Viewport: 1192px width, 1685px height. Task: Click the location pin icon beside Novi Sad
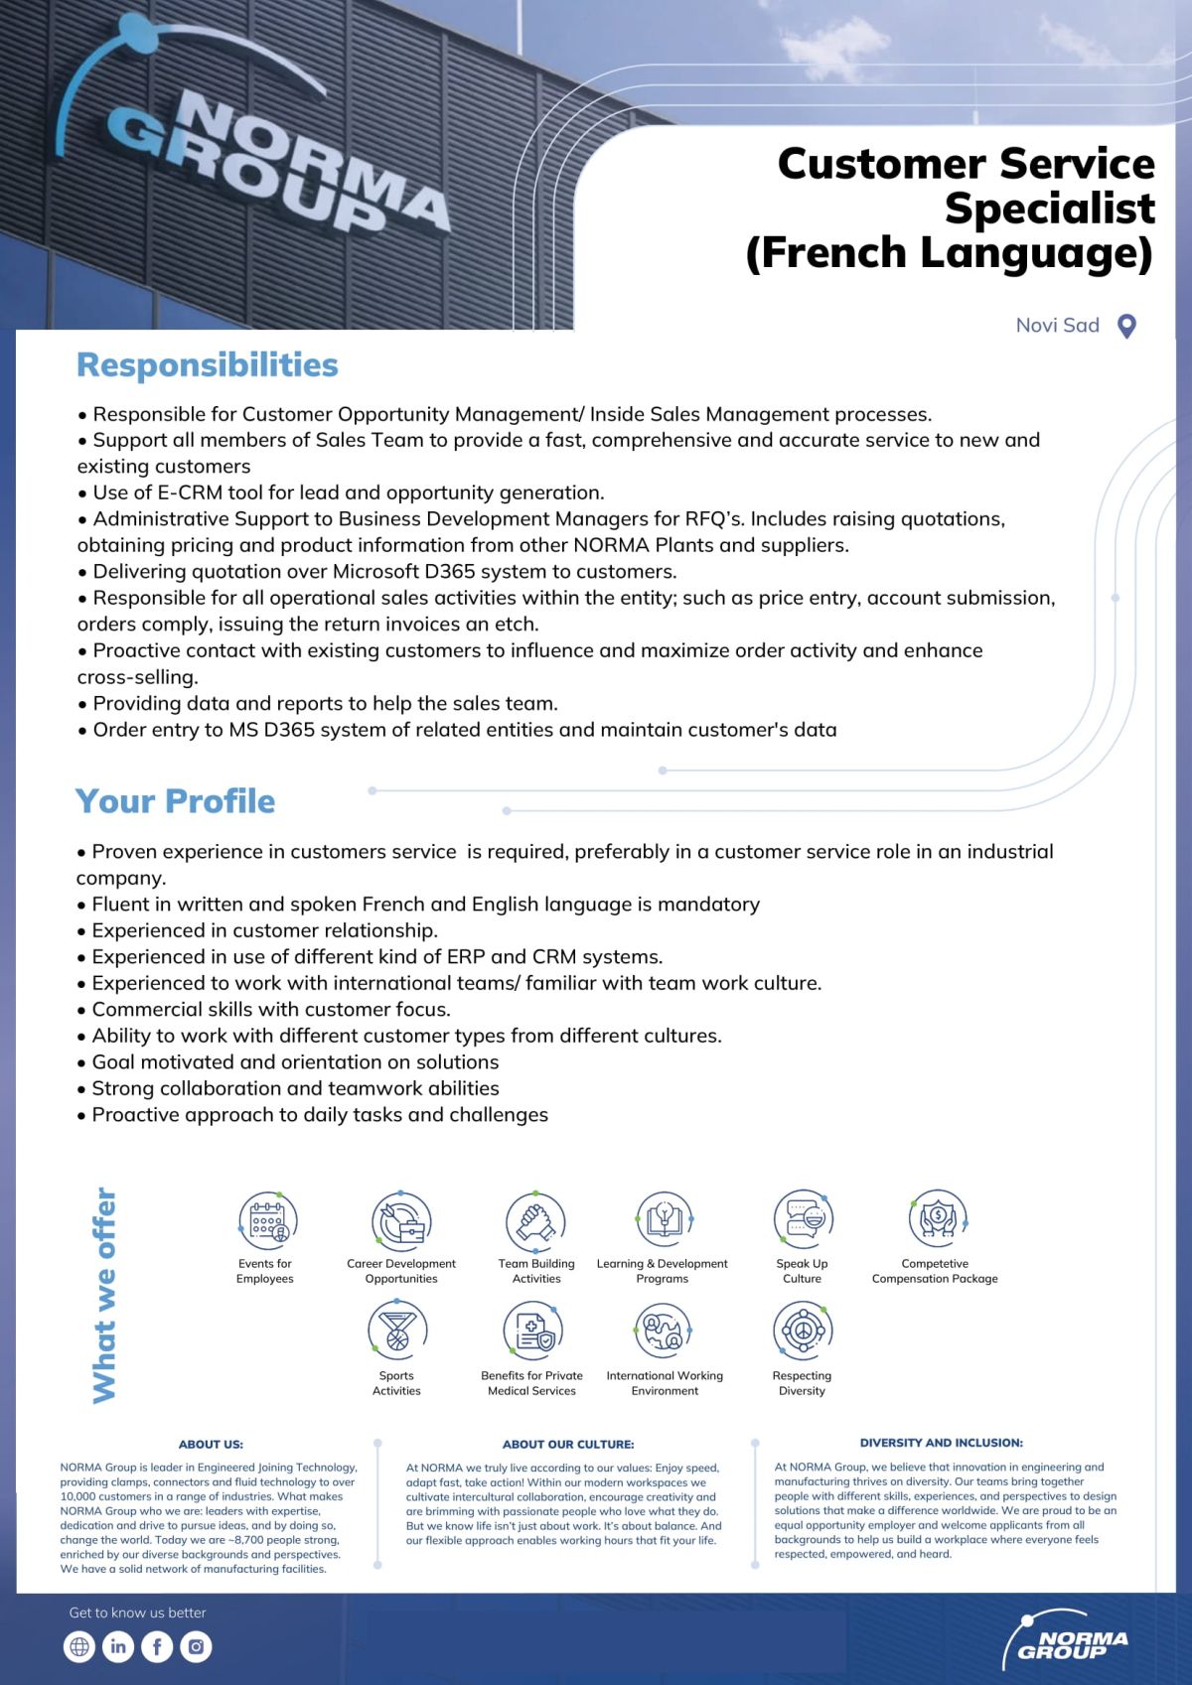click(x=1126, y=327)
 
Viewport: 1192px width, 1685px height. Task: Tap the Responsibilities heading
click(x=208, y=365)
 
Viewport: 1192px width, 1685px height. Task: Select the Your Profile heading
click(x=175, y=801)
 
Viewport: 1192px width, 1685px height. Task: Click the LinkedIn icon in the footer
click(x=118, y=1646)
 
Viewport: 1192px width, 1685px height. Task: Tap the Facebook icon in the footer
click(x=157, y=1646)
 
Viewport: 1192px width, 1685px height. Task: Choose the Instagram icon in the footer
click(x=196, y=1646)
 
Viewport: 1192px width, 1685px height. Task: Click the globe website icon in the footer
click(x=79, y=1646)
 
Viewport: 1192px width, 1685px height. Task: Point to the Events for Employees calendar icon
click(x=267, y=1220)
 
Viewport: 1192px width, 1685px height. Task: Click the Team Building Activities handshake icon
click(x=535, y=1220)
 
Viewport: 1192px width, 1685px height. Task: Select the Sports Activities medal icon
click(x=397, y=1331)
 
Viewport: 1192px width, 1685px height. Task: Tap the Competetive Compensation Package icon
click(x=936, y=1218)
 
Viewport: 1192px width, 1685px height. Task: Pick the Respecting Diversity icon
click(x=802, y=1329)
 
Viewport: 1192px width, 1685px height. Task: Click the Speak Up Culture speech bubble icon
click(x=803, y=1218)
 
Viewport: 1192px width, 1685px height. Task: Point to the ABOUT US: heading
click(x=211, y=1444)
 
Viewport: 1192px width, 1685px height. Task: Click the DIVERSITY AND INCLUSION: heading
click(x=941, y=1443)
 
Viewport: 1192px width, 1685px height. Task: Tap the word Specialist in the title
click(x=1049, y=209)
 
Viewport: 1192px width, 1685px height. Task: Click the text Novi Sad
click(x=1057, y=326)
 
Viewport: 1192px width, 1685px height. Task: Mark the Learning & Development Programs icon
click(x=663, y=1220)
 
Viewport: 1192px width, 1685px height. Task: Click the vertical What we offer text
click(x=104, y=1295)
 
